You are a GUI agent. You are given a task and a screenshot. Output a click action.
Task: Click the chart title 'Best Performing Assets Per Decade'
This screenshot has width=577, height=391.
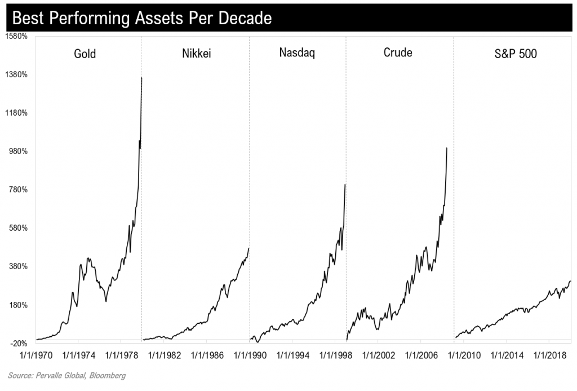tap(141, 18)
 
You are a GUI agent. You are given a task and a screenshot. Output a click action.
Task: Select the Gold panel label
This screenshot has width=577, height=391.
tap(85, 54)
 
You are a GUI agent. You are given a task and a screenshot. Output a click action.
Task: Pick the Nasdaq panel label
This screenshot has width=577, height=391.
tap(297, 54)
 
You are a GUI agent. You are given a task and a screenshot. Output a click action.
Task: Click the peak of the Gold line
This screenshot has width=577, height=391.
tap(141, 78)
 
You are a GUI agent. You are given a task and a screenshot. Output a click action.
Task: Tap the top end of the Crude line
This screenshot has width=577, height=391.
tap(447, 148)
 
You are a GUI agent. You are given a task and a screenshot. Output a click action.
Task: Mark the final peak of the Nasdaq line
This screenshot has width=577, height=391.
tap(345, 184)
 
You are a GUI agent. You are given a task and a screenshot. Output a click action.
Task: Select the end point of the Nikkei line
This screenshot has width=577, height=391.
tap(248, 248)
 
